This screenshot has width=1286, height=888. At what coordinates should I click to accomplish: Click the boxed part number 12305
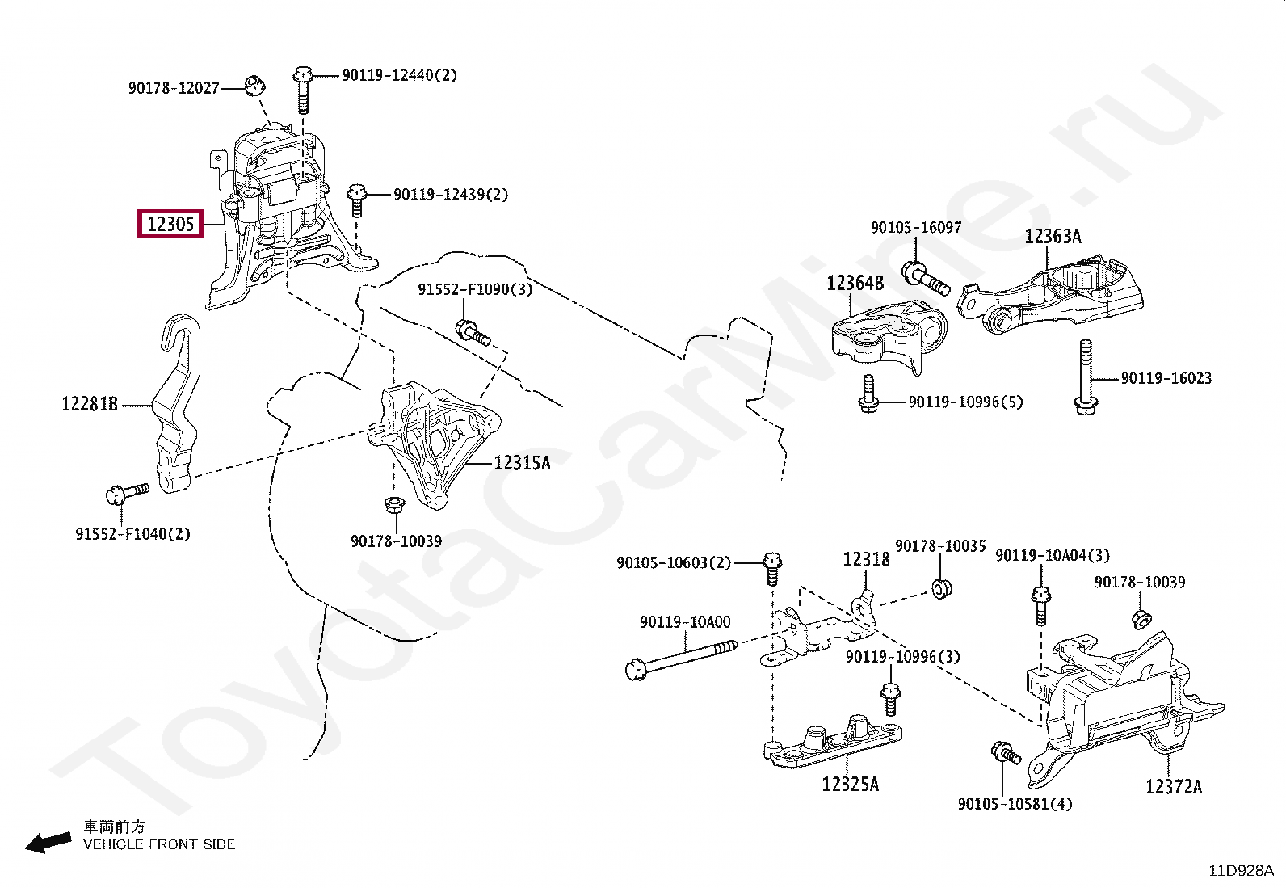(170, 224)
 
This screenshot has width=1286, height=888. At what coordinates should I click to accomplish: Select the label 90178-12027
(174, 88)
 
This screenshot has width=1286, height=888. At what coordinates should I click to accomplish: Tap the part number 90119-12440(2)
(400, 75)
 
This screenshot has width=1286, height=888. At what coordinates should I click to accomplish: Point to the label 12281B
(90, 404)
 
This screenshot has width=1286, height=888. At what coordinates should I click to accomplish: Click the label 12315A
(523, 462)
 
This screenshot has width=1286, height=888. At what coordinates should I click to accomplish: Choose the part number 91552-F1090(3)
(475, 289)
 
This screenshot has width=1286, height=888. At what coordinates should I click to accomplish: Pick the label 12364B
(855, 283)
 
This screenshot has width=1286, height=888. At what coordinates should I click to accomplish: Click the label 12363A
(1053, 236)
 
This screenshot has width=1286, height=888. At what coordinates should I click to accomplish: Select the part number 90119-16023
(1166, 378)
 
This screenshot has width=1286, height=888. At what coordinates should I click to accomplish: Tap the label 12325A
(851, 784)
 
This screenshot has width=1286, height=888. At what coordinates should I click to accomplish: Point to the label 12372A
(1174, 786)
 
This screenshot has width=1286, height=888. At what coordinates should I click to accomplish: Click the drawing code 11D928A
(1242, 871)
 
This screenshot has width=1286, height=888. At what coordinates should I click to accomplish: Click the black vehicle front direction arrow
(48, 843)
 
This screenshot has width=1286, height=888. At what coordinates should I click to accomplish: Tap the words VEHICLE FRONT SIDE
(159, 844)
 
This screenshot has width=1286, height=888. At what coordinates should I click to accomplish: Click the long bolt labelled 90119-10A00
(681, 660)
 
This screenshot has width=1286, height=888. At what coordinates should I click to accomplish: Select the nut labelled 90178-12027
(254, 86)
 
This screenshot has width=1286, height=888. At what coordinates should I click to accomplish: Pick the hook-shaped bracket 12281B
(179, 403)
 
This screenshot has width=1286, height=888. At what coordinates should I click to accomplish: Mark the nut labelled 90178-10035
(942, 589)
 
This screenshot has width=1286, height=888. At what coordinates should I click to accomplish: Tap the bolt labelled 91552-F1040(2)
(128, 494)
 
